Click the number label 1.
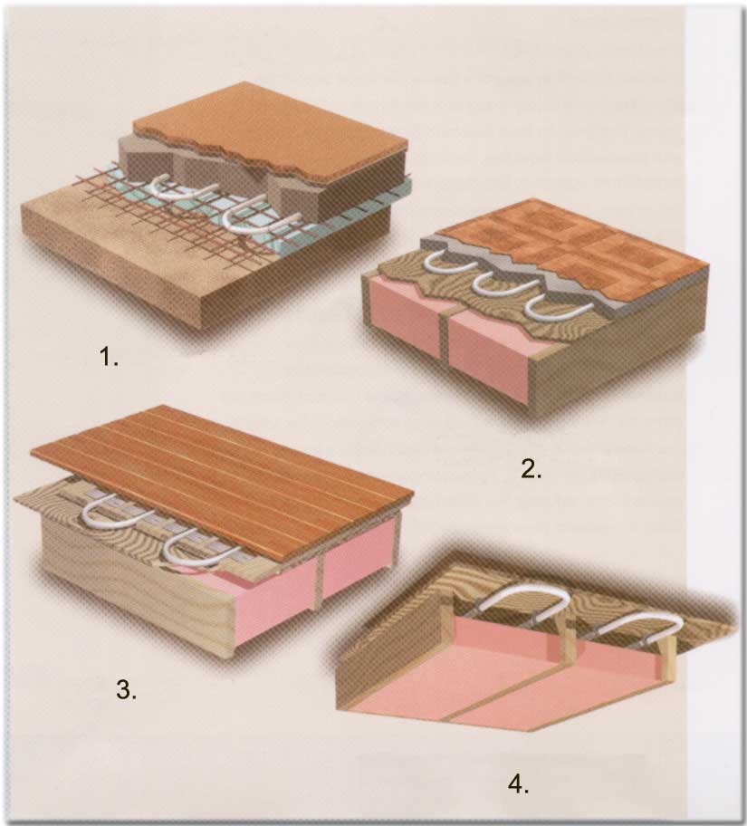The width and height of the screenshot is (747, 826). click(x=109, y=358)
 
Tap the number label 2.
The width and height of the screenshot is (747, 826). click(x=531, y=469)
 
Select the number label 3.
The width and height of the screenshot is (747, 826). click(x=126, y=689)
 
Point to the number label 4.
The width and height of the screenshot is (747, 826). click(x=518, y=784)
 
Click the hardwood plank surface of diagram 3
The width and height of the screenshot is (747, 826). click(x=221, y=474)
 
